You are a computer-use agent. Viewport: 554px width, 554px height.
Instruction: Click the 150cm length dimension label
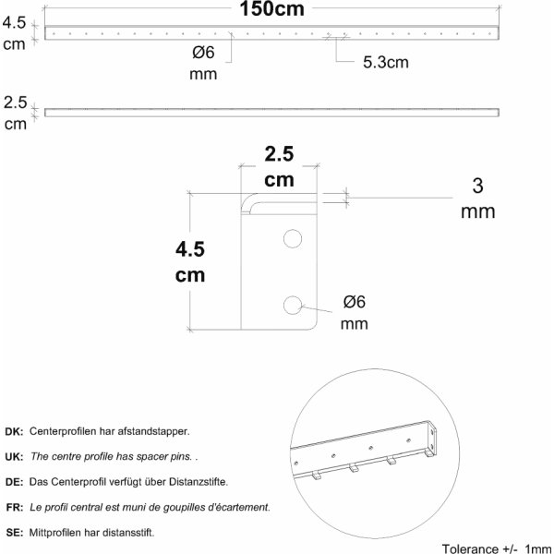(271, 9)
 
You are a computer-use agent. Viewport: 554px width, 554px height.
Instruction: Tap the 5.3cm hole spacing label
(386, 62)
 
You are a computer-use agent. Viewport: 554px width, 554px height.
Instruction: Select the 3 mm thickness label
(477, 199)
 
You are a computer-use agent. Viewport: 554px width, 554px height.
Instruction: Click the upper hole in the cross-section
(293, 238)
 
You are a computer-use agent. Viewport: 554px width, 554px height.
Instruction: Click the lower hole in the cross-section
(293, 305)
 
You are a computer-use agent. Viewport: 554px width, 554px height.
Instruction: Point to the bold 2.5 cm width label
(279, 167)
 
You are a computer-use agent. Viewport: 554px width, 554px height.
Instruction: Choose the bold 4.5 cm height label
(190, 262)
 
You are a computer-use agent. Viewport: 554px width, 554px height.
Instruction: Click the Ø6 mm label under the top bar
(203, 63)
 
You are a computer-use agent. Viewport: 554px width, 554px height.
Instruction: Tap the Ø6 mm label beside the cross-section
(354, 313)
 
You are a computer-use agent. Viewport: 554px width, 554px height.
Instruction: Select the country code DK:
(14, 431)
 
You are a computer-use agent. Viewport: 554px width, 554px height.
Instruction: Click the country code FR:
(15, 507)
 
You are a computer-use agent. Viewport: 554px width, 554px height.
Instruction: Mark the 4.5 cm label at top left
(14, 33)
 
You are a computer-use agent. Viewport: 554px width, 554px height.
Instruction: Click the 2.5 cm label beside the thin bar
(15, 113)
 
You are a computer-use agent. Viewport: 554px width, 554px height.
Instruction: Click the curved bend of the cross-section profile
(249, 204)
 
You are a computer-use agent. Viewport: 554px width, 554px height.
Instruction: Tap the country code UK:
(14, 456)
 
